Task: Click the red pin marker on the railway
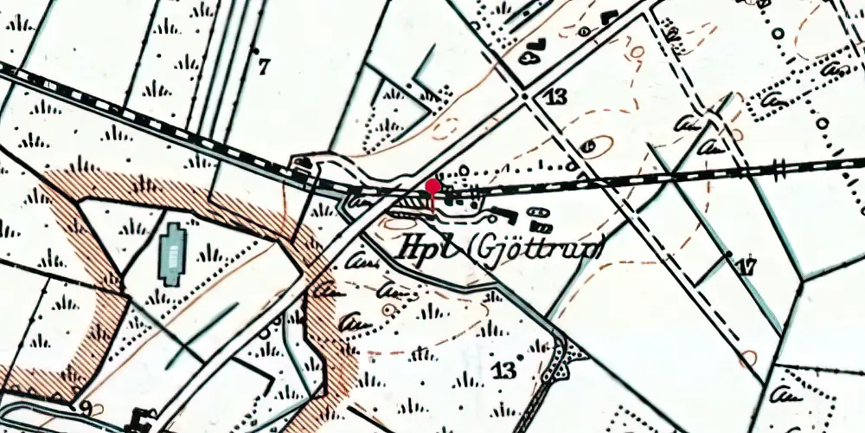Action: click(x=432, y=186)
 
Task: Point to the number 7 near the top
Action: click(x=264, y=64)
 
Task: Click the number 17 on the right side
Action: click(x=746, y=267)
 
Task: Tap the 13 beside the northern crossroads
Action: click(x=555, y=96)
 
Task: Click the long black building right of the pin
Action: click(x=500, y=210)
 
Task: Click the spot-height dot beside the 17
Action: click(x=728, y=255)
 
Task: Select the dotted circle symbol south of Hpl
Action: click(x=387, y=307)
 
